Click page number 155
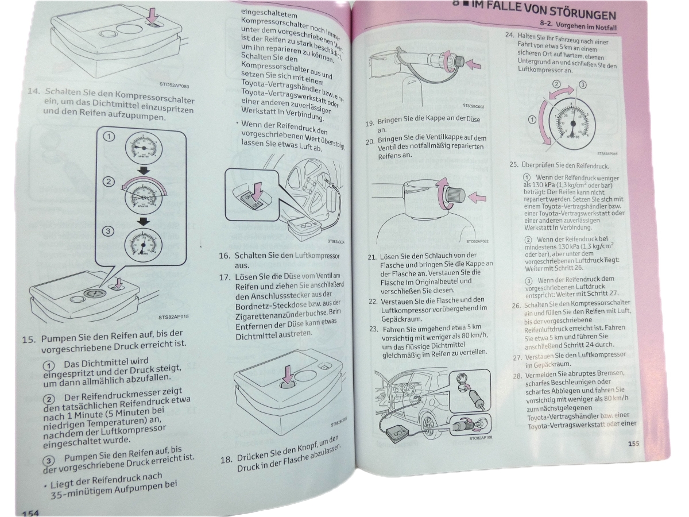point(633,443)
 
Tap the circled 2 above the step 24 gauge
point(556,84)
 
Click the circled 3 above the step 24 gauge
point(581,85)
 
